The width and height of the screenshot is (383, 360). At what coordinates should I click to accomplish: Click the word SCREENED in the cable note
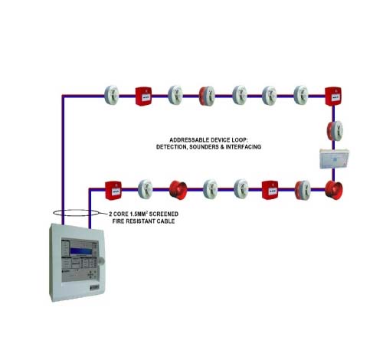164,214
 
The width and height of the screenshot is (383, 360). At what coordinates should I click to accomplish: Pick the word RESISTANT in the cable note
141,221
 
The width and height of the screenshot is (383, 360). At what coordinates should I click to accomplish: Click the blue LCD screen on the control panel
81,251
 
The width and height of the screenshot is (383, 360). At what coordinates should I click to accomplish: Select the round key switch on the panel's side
101,260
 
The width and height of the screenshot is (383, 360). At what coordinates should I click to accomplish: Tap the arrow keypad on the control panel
91,275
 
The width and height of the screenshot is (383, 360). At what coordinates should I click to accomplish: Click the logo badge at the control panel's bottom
95,287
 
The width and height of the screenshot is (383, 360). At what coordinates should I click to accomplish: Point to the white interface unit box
334,159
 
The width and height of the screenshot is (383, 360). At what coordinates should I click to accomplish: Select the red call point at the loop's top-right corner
333,97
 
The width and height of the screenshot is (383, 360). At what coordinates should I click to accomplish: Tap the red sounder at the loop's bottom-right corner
334,190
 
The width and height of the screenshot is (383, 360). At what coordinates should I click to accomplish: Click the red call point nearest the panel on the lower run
113,191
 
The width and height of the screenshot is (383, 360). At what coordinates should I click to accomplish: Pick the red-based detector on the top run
207,96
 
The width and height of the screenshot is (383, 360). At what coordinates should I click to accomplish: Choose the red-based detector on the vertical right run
335,131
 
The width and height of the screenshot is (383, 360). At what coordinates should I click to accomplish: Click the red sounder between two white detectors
178,190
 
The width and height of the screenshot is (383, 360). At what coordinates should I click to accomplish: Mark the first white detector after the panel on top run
112,96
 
